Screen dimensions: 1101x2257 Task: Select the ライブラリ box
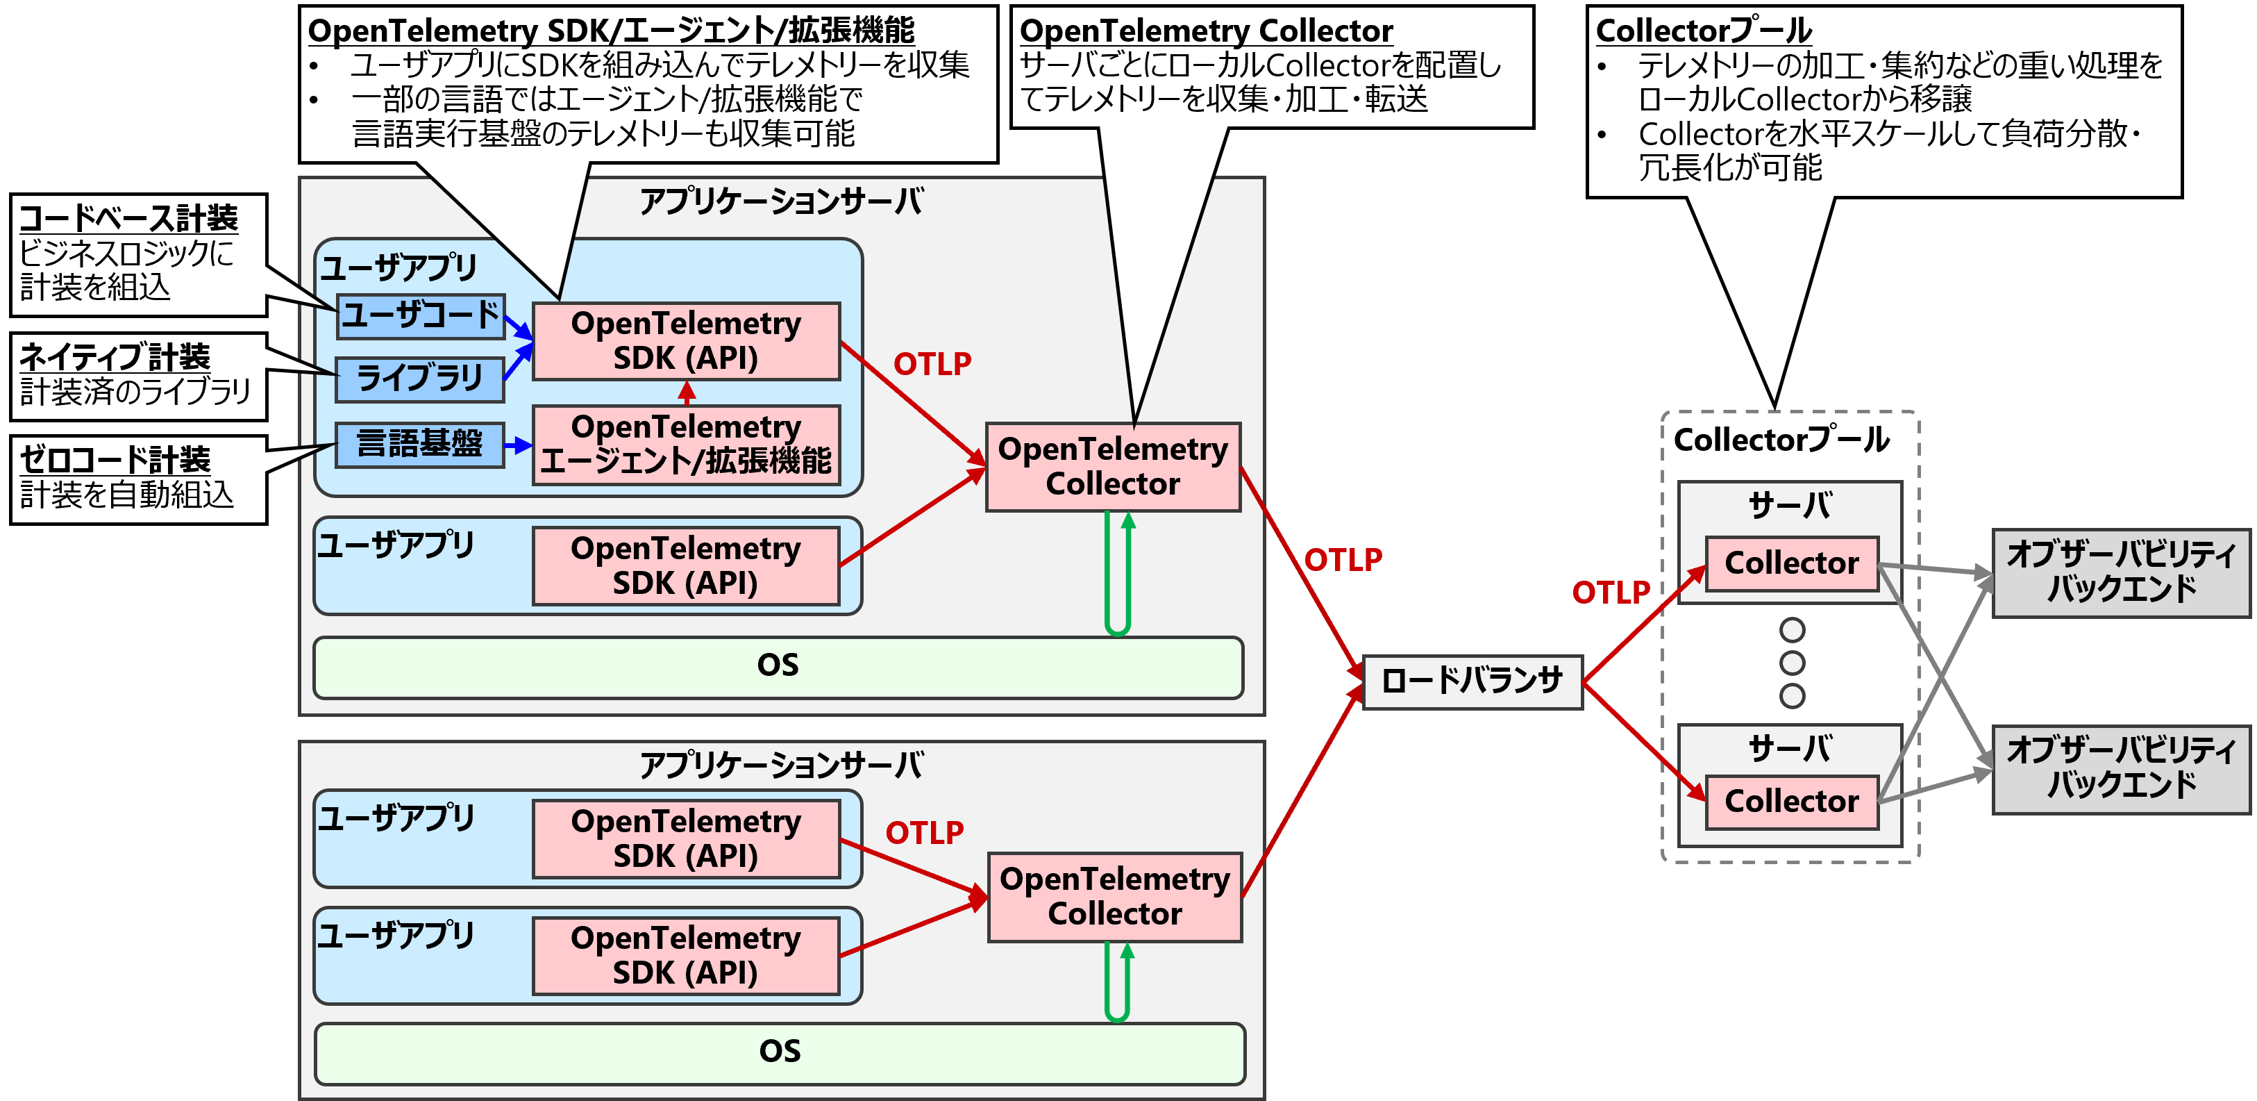(x=420, y=379)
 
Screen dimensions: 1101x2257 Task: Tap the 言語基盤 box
(x=420, y=445)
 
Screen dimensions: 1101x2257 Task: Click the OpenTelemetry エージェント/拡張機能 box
(x=686, y=445)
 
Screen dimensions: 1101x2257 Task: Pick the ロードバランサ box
(x=1472, y=681)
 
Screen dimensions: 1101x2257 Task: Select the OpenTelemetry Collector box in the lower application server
(x=1114, y=897)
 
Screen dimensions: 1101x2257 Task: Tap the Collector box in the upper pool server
(x=1792, y=563)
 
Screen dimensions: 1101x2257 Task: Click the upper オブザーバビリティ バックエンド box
(x=2121, y=572)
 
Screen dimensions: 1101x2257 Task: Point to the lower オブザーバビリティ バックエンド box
(x=2121, y=769)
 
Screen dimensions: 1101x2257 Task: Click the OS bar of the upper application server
(x=778, y=666)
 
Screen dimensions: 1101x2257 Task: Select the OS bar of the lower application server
(x=780, y=1052)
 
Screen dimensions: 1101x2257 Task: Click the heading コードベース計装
(x=129, y=218)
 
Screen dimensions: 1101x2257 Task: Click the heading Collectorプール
(x=1703, y=31)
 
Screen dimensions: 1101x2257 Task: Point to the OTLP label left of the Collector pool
(x=1611, y=593)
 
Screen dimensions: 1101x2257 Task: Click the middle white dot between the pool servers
(x=1793, y=663)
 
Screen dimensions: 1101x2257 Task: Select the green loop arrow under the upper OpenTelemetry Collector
(x=1118, y=574)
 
